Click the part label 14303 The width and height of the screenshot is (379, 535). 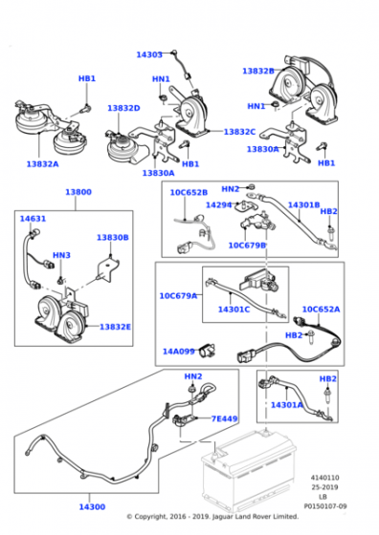(x=149, y=54)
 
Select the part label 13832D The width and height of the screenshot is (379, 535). (x=123, y=108)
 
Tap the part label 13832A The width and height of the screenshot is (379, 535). (x=43, y=164)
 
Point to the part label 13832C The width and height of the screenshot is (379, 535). (x=239, y=132)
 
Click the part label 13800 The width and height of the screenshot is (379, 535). (x=78, y=192)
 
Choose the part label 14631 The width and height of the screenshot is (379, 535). (x=33, y=219)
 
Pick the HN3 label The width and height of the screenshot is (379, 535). (x=61, y=255)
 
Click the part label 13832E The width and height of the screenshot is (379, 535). (x=115, y=327)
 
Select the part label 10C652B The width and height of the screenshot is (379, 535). (x=189, y=192)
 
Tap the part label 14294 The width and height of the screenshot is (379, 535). (x=219, y=204)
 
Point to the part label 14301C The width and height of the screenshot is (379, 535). (x=234, y=310)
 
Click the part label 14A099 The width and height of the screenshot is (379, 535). (x=178, y=352)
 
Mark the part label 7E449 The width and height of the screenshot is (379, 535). (x=224, y=418)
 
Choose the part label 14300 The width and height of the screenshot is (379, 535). (x=92, y=507)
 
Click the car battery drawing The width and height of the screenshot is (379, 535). (x=248, y=471)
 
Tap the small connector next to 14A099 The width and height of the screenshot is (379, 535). (x=207, y=350)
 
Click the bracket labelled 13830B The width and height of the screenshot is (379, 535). (x=108, y=269)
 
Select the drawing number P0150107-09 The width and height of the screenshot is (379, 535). (x=325, y=506)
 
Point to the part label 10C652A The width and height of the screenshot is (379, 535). (x=321, y=310)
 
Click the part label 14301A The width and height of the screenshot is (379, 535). (x=287, y=405)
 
